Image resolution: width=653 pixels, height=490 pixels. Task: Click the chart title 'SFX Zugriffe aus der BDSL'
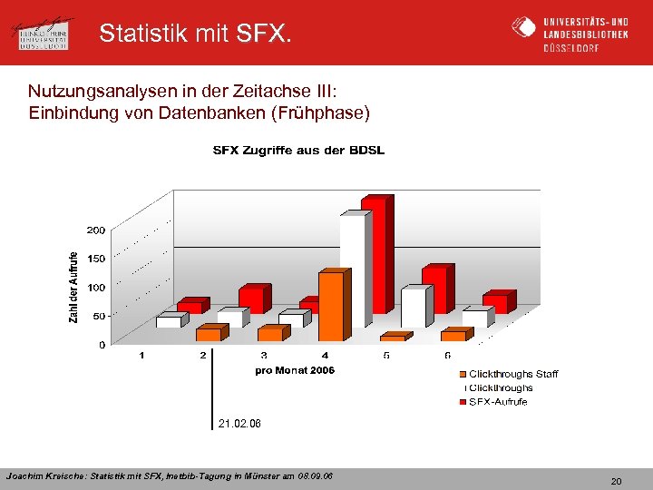click(298, 151)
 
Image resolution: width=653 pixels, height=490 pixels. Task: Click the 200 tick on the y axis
click(96, 230)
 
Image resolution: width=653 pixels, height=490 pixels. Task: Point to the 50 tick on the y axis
click(99, 316)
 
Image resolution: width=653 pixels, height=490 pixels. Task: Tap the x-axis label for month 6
click(448, 356)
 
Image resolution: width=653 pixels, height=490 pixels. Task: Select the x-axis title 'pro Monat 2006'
click(295, 370)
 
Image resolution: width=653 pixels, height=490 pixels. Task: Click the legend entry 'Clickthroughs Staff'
click(512, 374)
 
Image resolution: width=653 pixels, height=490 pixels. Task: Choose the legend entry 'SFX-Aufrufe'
click(498, 401)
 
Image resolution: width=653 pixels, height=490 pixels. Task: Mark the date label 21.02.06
click(239, 423)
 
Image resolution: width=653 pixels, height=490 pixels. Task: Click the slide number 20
click(616, 481)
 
